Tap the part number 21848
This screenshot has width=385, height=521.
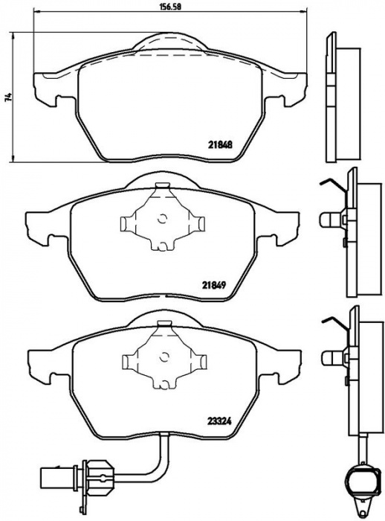220,144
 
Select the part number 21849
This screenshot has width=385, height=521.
214,284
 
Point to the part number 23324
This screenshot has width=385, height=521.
219,421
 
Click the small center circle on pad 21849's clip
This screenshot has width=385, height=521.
163,219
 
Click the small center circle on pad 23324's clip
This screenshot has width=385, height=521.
164,357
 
